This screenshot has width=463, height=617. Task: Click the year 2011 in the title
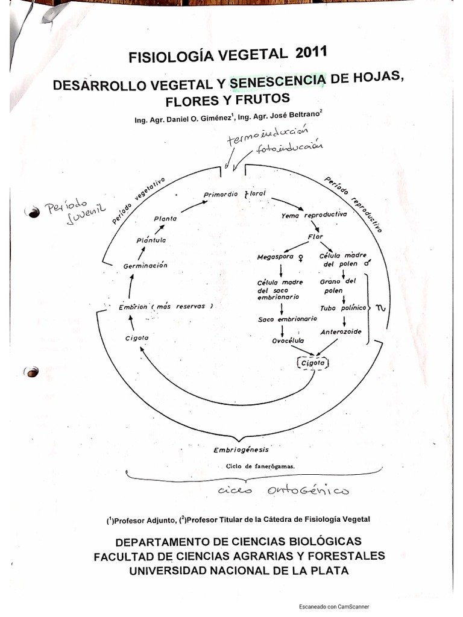pyautogui.click(x=311, y=53)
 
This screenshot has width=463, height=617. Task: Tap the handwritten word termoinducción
pyautogui.click(x=267, y=136)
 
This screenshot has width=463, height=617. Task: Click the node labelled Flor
pyautogui.click(x=316, y=236)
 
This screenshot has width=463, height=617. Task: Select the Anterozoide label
pyautogui.click(x=341, y=331)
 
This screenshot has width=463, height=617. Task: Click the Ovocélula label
pyautogui.click(x=288, y=341)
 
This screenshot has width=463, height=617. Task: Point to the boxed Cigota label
pyautogui.click(x=312, y=363)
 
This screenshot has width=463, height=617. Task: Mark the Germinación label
pyautogui.click(x=145, y=265)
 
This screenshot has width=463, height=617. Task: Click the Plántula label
pyautogui.click(x=151, y=240)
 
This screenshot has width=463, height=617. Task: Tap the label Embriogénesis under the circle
pyautogui.click(x=241, y=449)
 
